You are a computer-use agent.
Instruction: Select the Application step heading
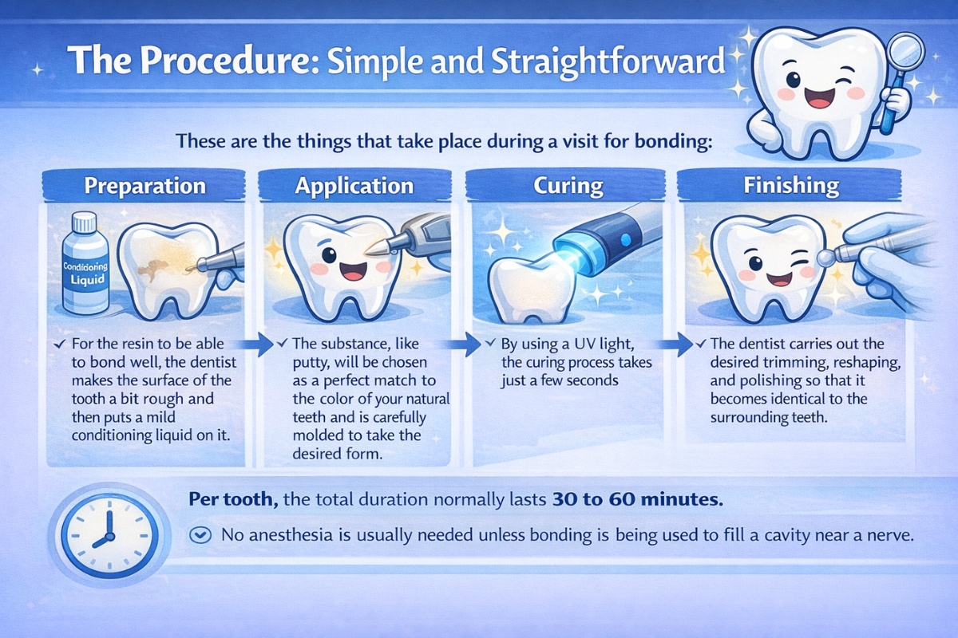point(354,187)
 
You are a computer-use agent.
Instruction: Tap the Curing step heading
point(568,187)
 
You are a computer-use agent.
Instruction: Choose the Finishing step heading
point(791,187)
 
